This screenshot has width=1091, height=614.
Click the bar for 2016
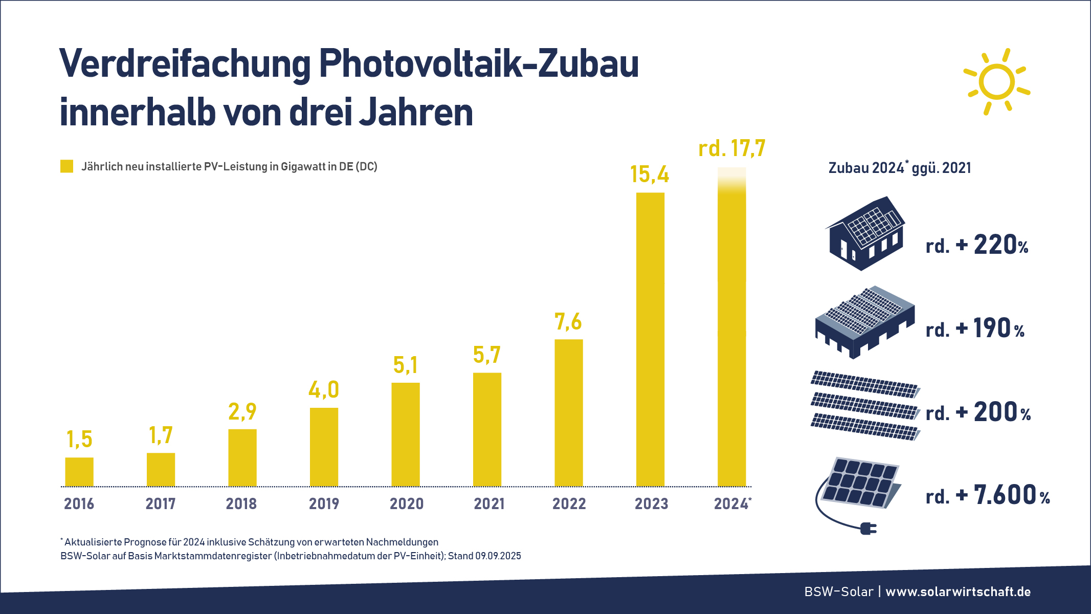point(79,472)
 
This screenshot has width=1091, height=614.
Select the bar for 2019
point(324,447)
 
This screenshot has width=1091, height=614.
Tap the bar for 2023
point(650,339)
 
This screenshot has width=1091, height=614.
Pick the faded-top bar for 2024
point(731,327)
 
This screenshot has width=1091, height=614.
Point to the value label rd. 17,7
point(731,149)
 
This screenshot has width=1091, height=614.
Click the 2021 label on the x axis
point(489,504)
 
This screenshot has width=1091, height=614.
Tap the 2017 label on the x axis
point(161,504)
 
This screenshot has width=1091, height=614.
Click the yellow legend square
point(66,166)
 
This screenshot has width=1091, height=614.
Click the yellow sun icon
point(996,82)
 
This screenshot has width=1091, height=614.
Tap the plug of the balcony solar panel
point(868,529)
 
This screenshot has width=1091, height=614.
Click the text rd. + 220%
point(976,245)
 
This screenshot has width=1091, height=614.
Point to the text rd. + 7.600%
point(987,495)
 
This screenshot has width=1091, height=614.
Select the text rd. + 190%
point(975,329)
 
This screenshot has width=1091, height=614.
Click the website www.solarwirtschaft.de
point(958,592)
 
